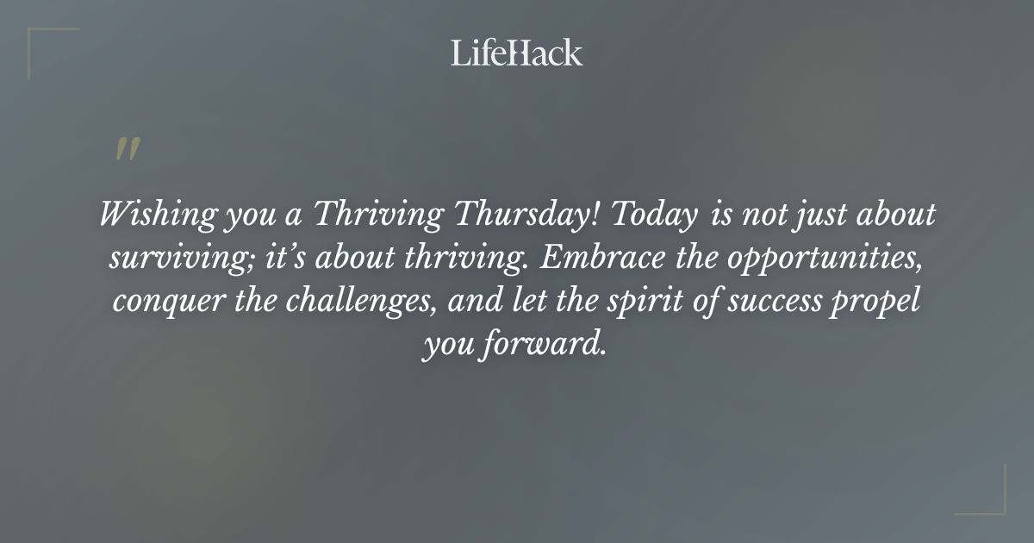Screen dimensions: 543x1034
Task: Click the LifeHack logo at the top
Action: point(517,53)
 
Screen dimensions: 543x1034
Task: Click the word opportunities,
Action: point(829,259)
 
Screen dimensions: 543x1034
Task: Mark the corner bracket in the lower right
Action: point(992,501)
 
